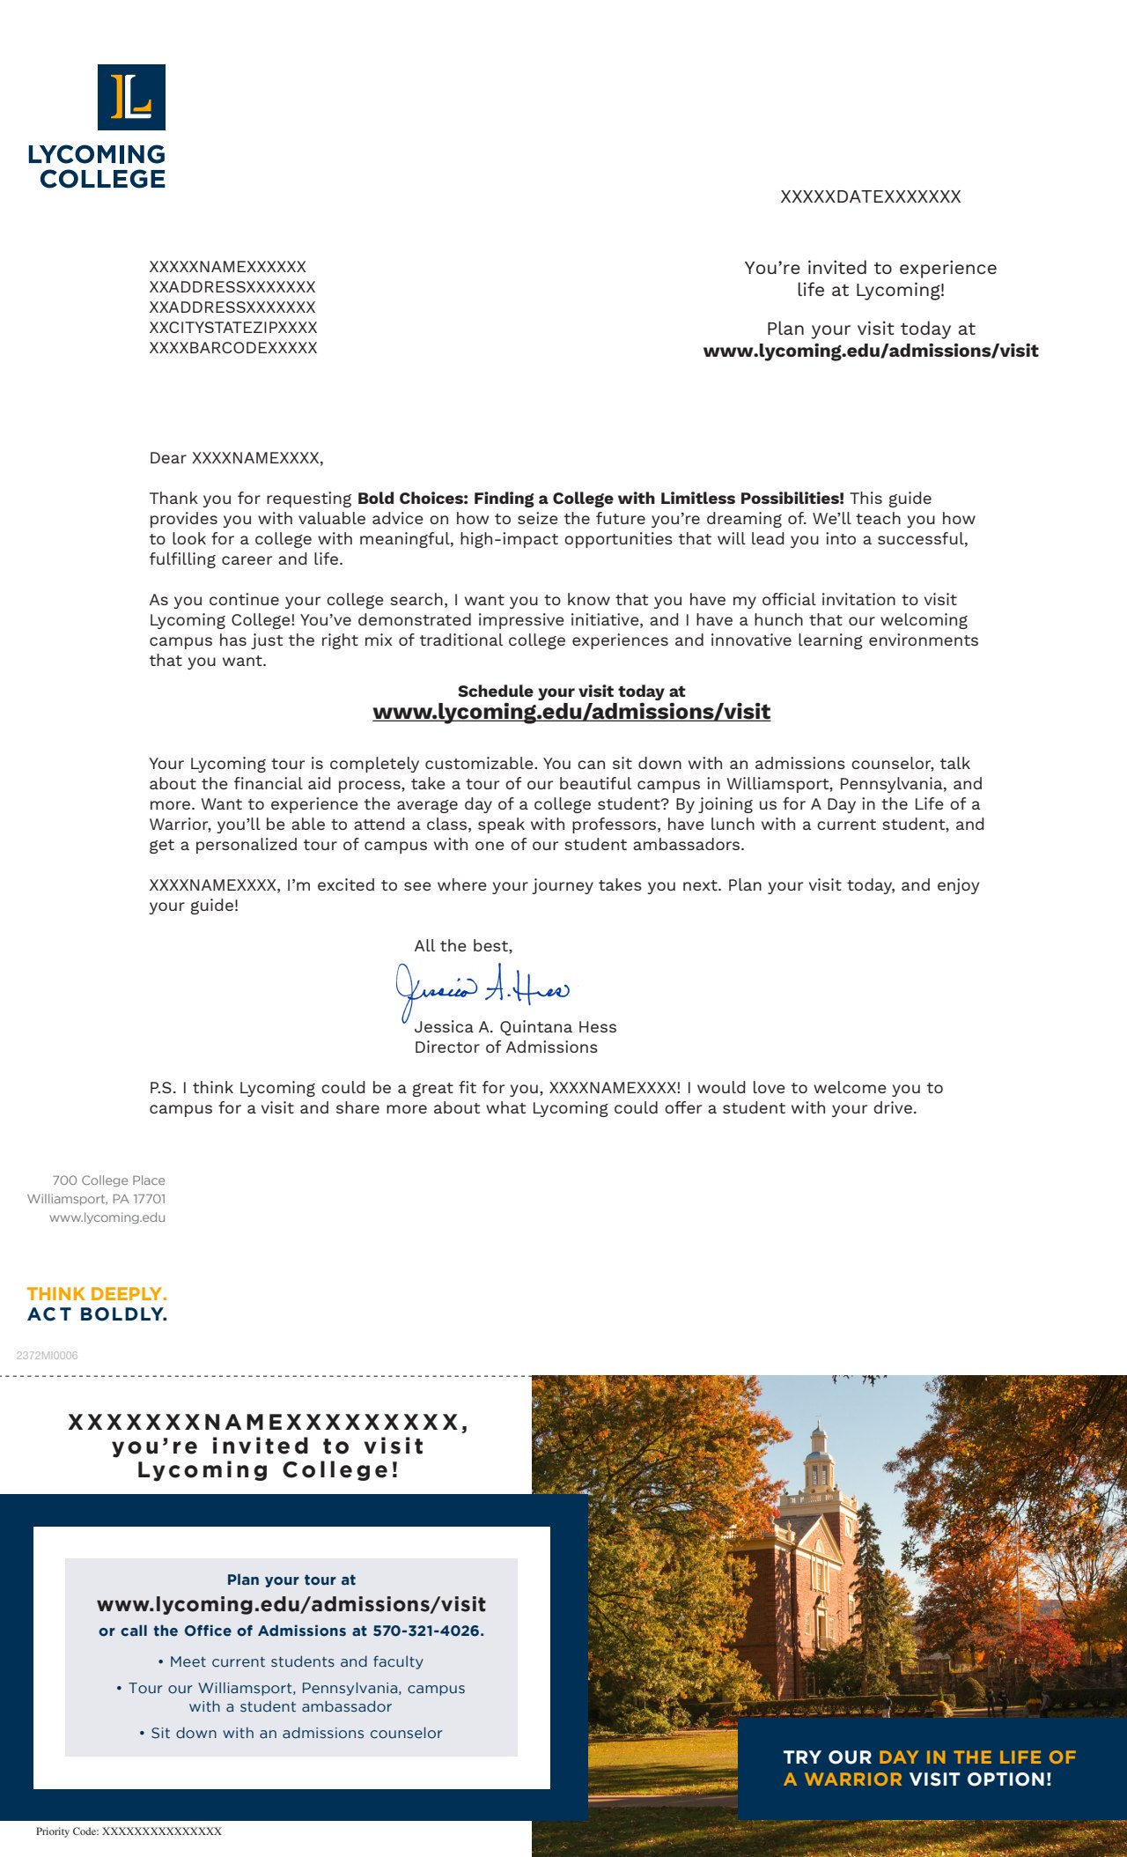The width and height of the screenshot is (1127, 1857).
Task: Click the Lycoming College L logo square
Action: [x=131, y=97]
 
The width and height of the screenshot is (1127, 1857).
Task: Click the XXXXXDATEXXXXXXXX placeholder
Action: [x=870, y=196]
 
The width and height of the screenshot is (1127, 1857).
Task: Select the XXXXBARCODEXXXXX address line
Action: [x=232, y=348]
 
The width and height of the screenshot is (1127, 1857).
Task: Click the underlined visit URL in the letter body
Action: [x=571, y=712]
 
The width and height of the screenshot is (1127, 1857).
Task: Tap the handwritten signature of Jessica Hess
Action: [x=482, y=989]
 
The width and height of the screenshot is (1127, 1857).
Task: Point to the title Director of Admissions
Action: [x=505, y=1047]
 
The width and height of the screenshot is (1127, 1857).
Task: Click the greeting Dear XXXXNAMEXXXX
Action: [x=236, y=458]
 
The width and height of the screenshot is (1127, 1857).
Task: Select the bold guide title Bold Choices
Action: [x=600, y=499]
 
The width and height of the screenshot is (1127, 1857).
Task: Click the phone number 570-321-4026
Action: [x=427, y=1631]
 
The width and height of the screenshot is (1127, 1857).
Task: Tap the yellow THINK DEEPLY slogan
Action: [x=97, y=1294]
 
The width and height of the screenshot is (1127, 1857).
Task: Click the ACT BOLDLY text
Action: [x=97, y=1314]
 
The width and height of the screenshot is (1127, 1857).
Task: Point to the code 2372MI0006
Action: [x=47, y=1356]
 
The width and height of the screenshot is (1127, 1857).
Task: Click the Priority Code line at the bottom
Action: [x=129, y=1831]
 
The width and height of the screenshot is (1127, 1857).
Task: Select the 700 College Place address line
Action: [x=108, y=1180]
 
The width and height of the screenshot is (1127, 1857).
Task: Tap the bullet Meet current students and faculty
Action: [x=291, y=1661]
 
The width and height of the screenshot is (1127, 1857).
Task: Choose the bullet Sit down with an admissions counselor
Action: [x=291, y=1733]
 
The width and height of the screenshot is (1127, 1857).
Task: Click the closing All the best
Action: [x=463, y=946]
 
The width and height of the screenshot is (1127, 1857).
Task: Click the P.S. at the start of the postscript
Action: [x=162, y=1088]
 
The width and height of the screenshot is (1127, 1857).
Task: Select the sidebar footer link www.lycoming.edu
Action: [x=107, y=1217]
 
